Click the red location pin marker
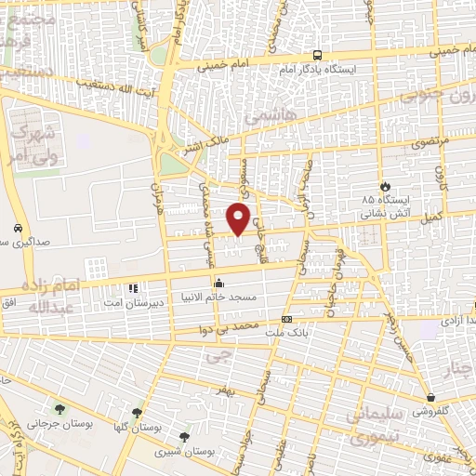tap(240, 219)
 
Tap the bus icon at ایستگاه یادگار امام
tap(317, 56)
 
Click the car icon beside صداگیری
tap(18, 229)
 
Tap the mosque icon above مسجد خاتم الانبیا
tap(219, 283)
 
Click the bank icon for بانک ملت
tap(285, 319)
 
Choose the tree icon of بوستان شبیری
tap(184, 434)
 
